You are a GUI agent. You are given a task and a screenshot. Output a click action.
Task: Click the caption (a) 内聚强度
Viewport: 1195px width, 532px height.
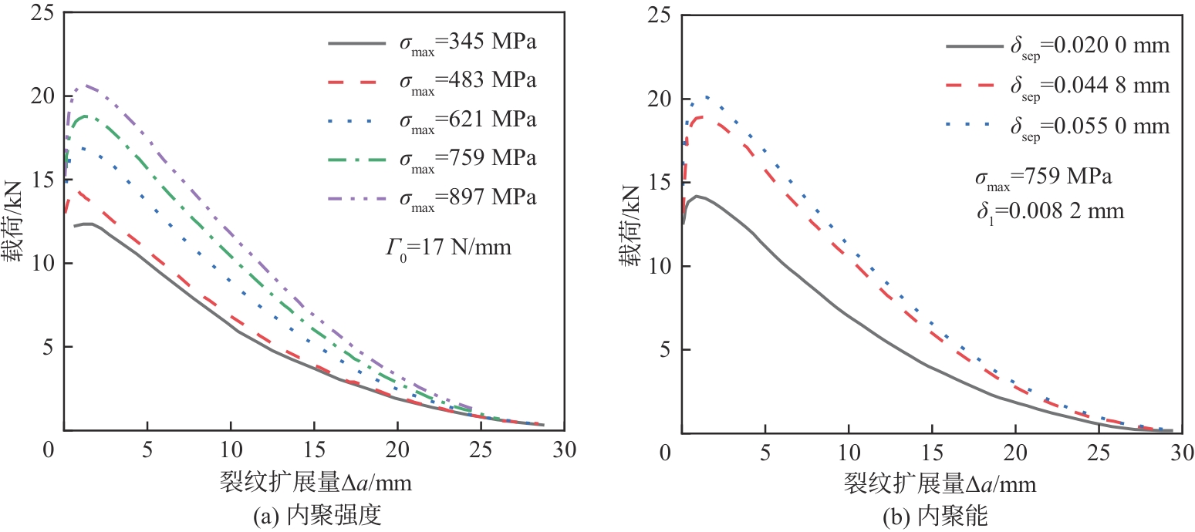tap(317, 517)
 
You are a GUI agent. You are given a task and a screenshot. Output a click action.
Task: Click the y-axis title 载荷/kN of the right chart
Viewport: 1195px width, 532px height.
tap(630, 224)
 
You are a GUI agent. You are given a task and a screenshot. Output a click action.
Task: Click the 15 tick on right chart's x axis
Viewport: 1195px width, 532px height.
tap(932, 453)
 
